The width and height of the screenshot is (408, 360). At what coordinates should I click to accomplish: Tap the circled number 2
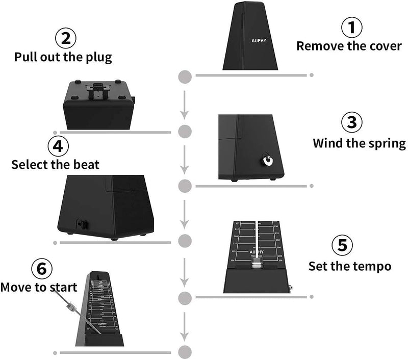[66, 38]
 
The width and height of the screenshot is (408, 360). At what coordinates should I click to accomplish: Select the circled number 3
[351, 123]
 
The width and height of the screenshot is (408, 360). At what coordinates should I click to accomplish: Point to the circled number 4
[58, 146]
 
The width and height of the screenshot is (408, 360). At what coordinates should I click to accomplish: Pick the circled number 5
[342, 246]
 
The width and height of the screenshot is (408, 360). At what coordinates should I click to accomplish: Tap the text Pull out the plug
[63, 56]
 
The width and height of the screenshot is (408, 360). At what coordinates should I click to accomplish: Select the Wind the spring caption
[359, 143]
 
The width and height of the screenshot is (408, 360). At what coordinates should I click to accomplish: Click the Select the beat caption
[56, 165]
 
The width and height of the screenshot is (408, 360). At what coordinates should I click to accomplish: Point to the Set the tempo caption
[350, 266]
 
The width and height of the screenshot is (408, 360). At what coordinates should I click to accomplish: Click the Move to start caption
[39, 287]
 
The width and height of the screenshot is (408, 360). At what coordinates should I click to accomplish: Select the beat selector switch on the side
[80, 224]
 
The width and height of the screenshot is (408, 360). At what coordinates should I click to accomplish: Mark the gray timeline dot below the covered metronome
[185, 76]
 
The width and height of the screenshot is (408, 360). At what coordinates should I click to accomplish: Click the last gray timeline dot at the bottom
[185, 352]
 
